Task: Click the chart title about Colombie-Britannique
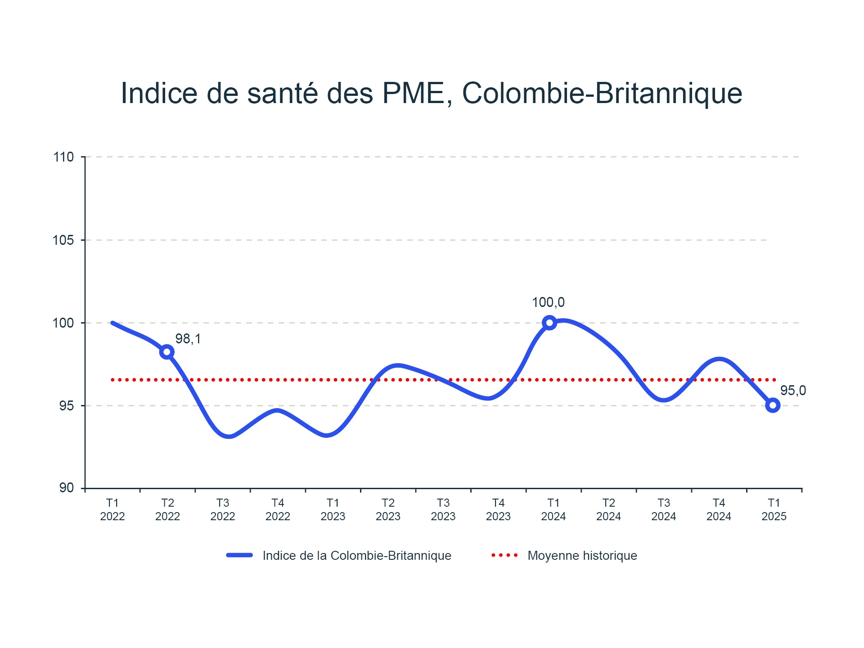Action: point(431,94)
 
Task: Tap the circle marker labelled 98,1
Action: point(167,352)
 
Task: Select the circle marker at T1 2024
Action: point(549,323)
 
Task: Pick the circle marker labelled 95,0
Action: point(773,405)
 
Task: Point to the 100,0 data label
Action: point(548,302)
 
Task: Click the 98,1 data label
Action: point(188,339)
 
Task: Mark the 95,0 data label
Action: point(793,391)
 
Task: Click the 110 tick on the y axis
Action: point(63,157)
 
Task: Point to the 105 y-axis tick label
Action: point(63,240)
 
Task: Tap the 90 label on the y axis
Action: point(67,488)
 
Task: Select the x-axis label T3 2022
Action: point(223,509)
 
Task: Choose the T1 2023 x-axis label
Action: point(333,509)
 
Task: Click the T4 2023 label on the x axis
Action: point(498,509)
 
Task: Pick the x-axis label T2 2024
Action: point(608,509)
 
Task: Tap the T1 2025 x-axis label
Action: point(774,509)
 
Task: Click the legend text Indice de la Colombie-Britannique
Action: point(357,556)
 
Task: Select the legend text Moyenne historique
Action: point(582,556)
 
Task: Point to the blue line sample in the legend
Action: point(239,555)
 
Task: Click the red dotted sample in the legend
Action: point(504,555)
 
